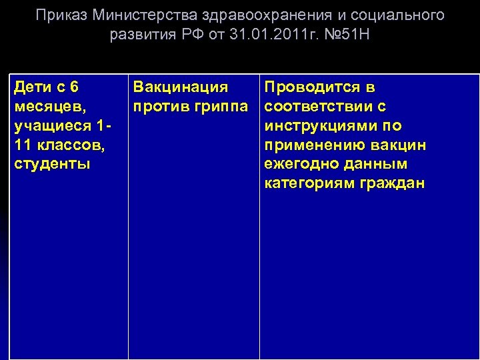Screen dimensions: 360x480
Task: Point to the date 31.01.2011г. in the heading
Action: click(263, 34)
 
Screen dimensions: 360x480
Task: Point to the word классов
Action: click(67, 145)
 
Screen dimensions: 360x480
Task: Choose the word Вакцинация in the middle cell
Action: click(180, 87)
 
